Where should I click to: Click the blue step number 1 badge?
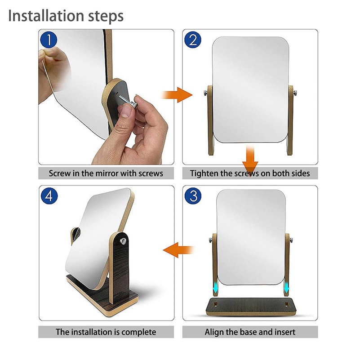click(x=49, y=40)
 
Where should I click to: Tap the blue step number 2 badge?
click(x=193, y=40)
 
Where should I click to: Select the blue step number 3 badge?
click(x=193, y=196)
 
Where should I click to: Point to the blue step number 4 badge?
click(x=49, y=196)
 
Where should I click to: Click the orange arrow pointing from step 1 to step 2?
click(x=177, y=95)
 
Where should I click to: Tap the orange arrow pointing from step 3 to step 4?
click(x=178, y=250)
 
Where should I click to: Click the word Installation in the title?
click(x=46, y=16)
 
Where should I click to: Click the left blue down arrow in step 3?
click(x=215, y=288)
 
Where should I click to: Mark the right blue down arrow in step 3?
click(x=286, y=288)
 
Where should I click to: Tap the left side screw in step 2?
click(x=205, y=93)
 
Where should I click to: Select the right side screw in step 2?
click(x=294, y=93)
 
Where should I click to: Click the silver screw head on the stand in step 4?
click(x=123, y=241)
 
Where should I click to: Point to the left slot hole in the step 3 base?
click(x=215, y=304)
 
